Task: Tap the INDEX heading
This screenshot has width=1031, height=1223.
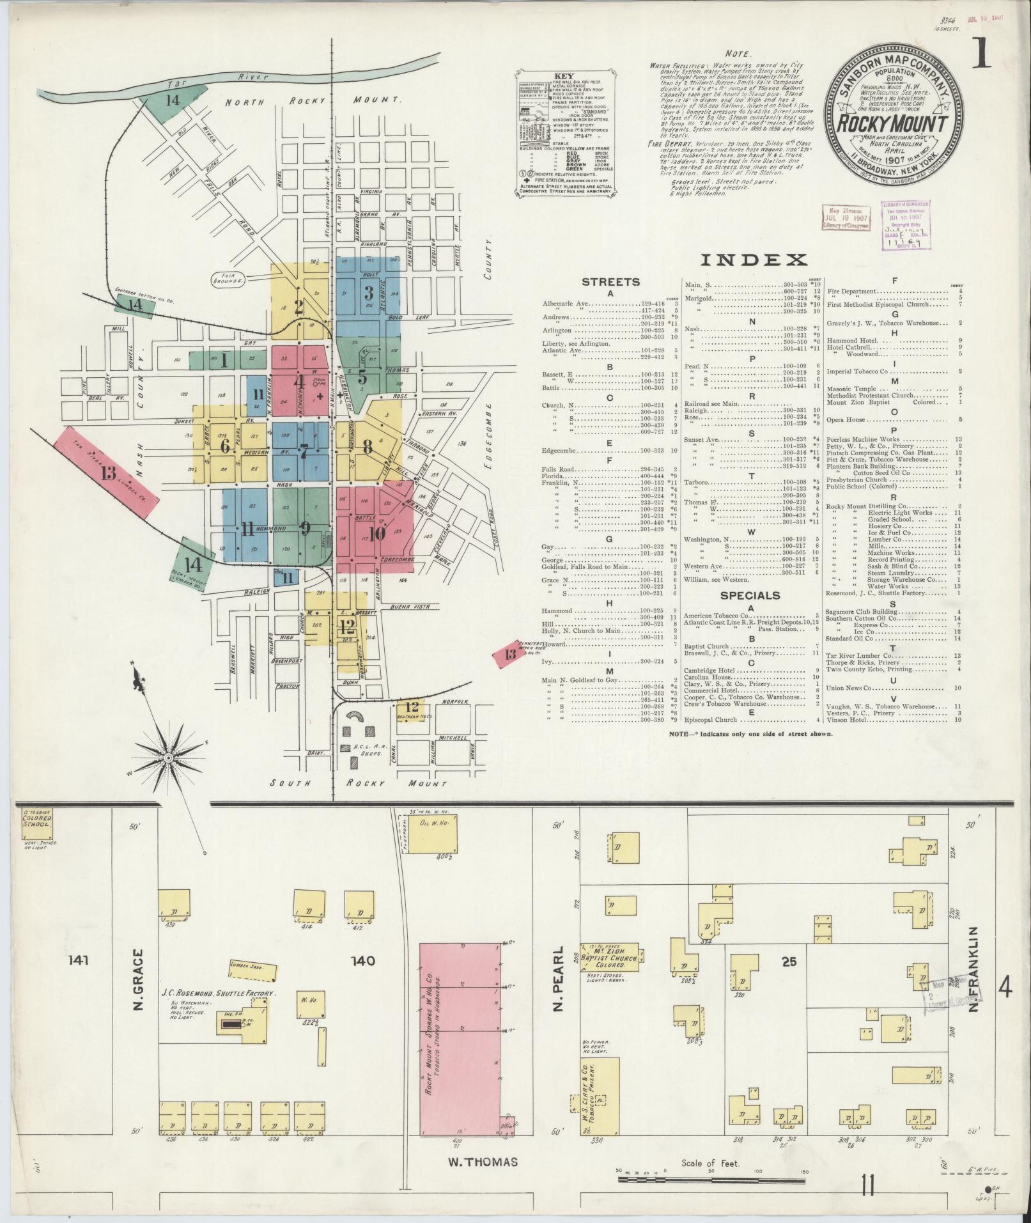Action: (x=754, y=260)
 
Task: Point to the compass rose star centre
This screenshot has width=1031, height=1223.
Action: (x=169, y=758)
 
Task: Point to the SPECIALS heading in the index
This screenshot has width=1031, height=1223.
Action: (x=750, y=595)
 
